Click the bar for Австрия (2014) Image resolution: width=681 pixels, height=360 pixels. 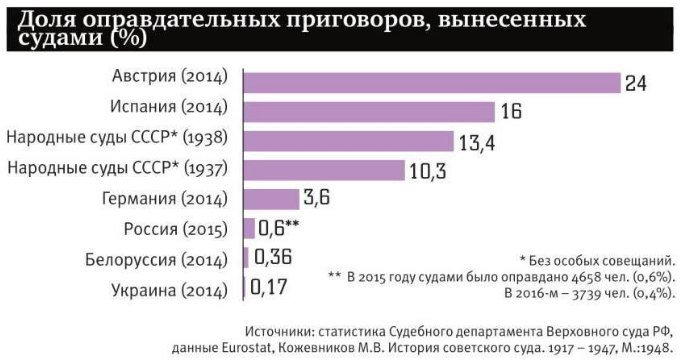point(432,83)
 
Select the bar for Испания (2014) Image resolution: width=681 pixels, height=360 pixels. point(369,112)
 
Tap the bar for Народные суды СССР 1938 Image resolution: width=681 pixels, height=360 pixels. point(349,141)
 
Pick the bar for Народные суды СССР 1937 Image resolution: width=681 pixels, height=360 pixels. point(324,170)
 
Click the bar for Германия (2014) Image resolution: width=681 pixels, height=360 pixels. point(271,199)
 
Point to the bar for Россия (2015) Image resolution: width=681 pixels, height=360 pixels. point(249,228)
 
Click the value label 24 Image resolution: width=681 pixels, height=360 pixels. point(636,83)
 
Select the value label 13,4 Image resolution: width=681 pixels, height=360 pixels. point(477,142)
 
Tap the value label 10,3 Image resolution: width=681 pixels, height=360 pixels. point(428,172)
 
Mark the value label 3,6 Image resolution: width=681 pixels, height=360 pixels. point(317,198)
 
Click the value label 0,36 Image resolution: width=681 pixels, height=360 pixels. point(273,257)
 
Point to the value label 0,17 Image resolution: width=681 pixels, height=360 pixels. point(269,287)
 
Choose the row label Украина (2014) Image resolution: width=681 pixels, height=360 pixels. point(169,291)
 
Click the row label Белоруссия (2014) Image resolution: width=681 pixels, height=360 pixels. point(156,260)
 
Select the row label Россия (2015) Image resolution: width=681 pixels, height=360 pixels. point(175,229)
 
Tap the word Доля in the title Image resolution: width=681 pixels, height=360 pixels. point(46,20)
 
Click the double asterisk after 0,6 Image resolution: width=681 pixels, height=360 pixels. point(292,224)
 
